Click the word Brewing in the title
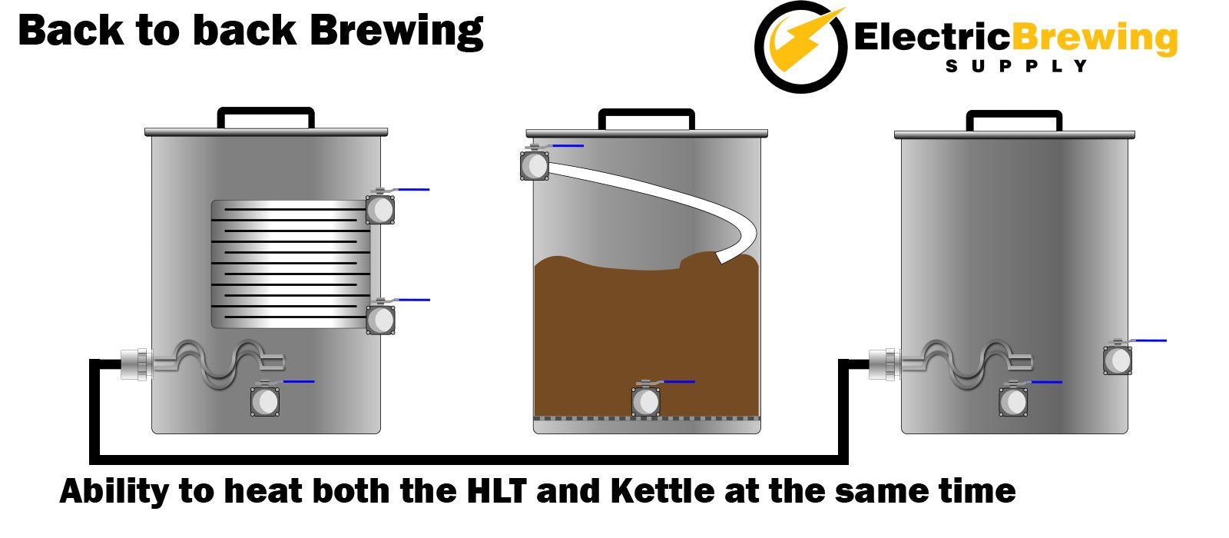[x=396, y=32]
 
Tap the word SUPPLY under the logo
[x=1016, y=66]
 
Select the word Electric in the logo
[x=932, y=37]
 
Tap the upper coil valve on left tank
[x=381, y=208]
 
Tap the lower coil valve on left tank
[x=381, y=319]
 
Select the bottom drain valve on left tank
[x=265, y=400]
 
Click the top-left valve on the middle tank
[x=535, y=164]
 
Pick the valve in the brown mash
[x=646, y=400]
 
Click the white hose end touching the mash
[x=723, y=257]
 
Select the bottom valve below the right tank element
[x=1013, y=400]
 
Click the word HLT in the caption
[x=497, y=491]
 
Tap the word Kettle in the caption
[x=662, y=491]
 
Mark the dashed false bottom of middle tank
[x=647, y=419]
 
